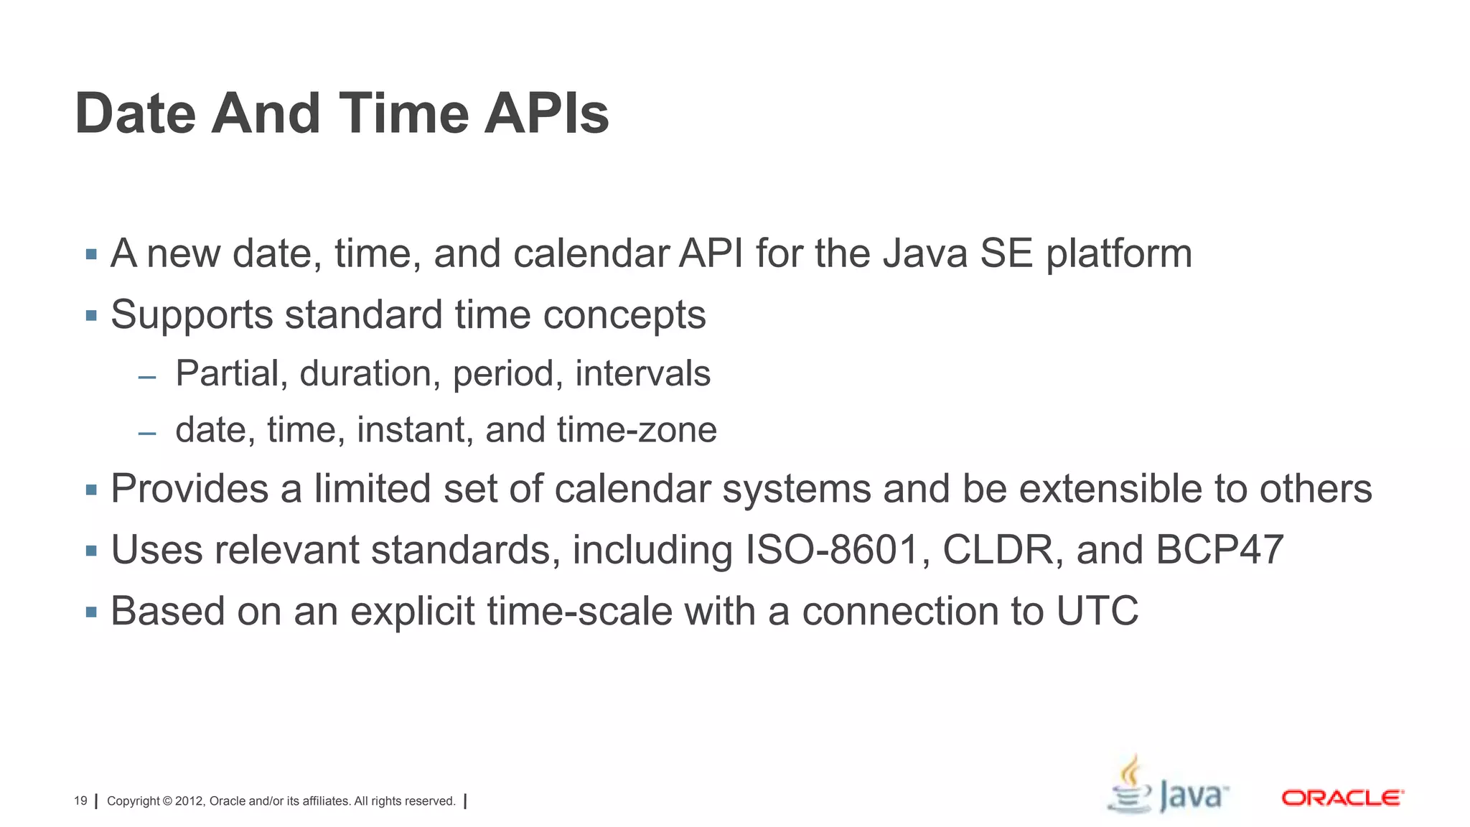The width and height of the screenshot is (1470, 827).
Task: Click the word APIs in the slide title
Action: pyautogui.click(x=546, y=113)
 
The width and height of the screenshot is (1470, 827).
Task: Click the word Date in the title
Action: pyautogui.click(x=135, y=113)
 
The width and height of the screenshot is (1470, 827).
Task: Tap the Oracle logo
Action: pyautogui.click(x=1342, y=798)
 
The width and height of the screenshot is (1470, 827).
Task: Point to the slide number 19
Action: pyautogui.click(x=80, y=801)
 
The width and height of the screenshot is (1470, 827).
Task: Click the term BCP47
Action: pyautogui.click(x=1219, y=550)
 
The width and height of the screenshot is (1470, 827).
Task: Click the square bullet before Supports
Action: pyautogui.click(x=91, y=316)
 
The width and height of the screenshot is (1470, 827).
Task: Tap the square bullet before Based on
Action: pyautogui.click(x=91, y=612)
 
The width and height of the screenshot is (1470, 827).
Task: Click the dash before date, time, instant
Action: pyautogui.click(x=147, y=434)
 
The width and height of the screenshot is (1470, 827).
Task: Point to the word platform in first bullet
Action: pyautogui.click(x=1118, y=254)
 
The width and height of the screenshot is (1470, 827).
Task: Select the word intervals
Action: pyautogui.click(x=642, y=373)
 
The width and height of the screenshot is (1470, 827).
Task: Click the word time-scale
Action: pyautogui.click(x=580, y=612)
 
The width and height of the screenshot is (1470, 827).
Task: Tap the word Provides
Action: pyautogui.click(x=189, y=489)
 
